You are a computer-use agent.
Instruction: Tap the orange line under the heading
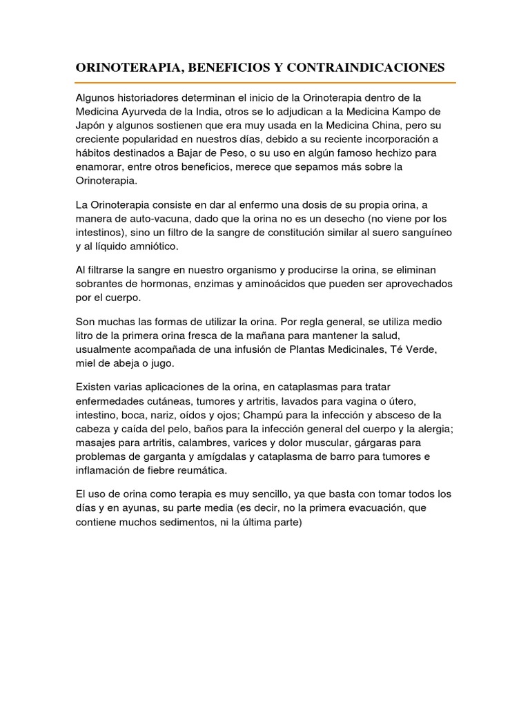266,83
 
